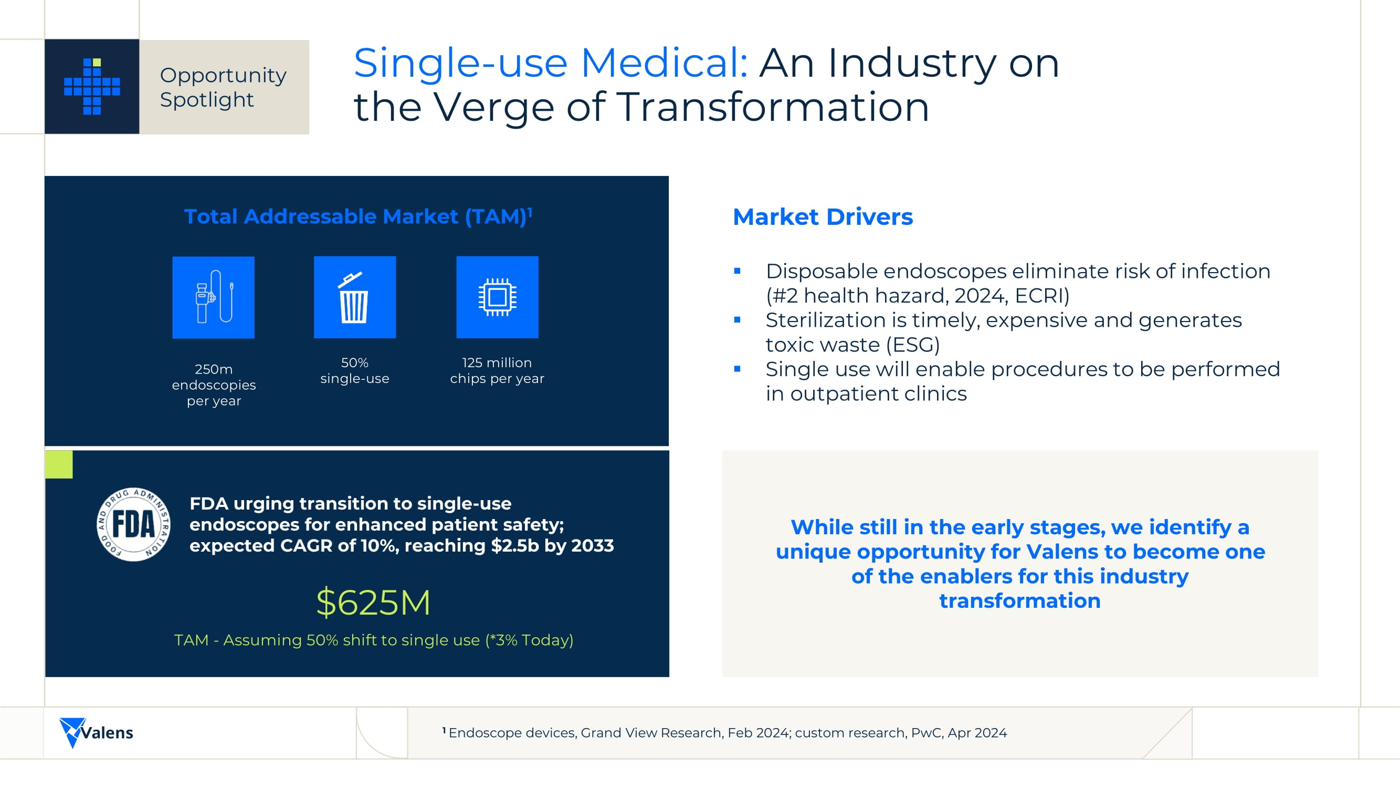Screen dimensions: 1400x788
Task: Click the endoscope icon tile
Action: pyautogui.click(x=214, y=297)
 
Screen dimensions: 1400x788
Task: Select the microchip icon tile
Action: pyautogui.click(x=497, y=297)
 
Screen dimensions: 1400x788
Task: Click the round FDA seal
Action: pyautogui.click(x=133, y=524)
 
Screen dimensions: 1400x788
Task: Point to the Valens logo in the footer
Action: pyautogui.click(x=96, y=732)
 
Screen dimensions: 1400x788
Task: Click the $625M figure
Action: pyautogui.click(x=373, y=603)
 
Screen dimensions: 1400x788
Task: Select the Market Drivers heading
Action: pyautogui.click(x=823, y=217)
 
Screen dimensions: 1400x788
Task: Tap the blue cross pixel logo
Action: pyautogui.click(x=92, y=87)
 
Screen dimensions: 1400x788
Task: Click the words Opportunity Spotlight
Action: pyautogui.click(x=223, y=87)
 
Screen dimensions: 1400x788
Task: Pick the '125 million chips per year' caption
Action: pyautogui.click(x=497, y=370)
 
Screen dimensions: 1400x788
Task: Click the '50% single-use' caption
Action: pyautogui.click(x=355, y=370)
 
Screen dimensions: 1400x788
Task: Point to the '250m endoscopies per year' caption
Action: pyautogui.click(x=214, y=385)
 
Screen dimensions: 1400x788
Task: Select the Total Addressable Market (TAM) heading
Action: pyautogui.click(x=358, y=216)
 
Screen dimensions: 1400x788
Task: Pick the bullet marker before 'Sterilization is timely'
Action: pyautogui.click(x=738, y=320)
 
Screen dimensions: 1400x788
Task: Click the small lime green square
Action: pyautogui.click(x=59, y=464)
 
